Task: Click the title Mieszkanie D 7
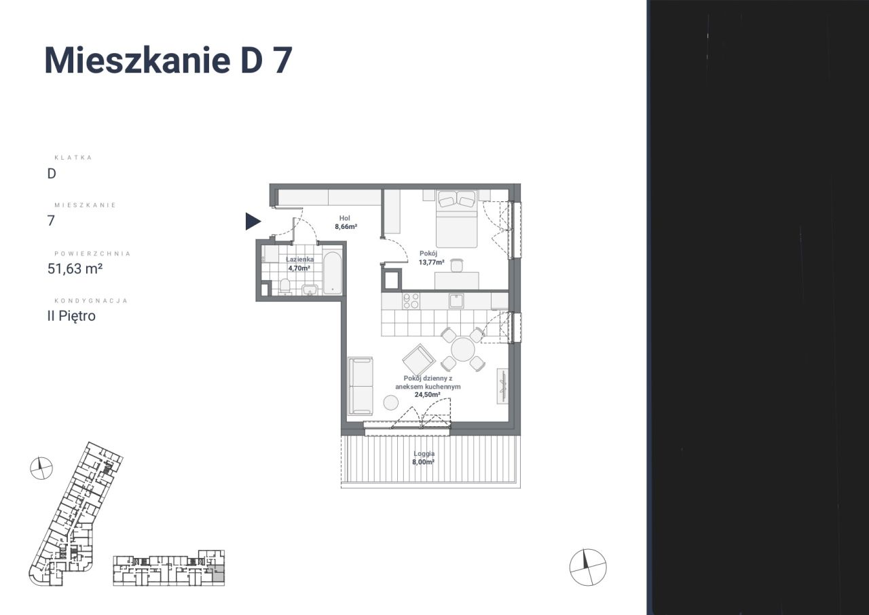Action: [168, 60]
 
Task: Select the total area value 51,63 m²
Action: [75, 268]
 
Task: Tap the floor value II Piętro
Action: [71, 315]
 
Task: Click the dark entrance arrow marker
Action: [253, 221]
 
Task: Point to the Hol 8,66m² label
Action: [345, 222]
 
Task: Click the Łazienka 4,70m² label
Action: [299, 264]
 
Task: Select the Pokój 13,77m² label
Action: [432, 257]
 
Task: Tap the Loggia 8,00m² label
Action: [423, 457]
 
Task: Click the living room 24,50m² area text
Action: [432, 386]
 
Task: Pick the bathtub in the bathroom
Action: [332, 273]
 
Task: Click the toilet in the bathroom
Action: [285, 287]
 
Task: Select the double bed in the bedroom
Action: [456, 219]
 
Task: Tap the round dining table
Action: [463, 350]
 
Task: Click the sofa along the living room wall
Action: [360, 386]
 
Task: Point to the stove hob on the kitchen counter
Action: [411, 300]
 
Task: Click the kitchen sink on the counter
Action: [455, 300]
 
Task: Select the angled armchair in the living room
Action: [418, 359]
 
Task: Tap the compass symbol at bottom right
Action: [587, 566]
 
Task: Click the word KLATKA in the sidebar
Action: [73, 158]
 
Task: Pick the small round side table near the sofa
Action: [391, 402]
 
